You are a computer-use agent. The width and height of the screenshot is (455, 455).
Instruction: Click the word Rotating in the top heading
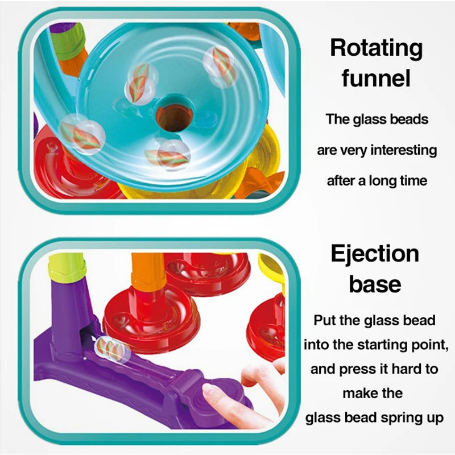click(x=377, y=49)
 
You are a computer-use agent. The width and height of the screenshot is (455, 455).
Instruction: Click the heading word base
click(x=375, y=283)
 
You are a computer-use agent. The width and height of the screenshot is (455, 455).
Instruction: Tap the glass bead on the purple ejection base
click(x=110, y=349)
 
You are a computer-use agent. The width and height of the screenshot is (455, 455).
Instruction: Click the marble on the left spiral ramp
click(x=80, y=133)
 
